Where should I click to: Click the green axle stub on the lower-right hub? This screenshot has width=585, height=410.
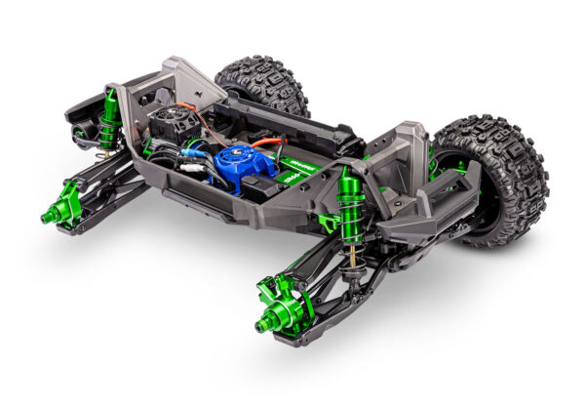(267, 321)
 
